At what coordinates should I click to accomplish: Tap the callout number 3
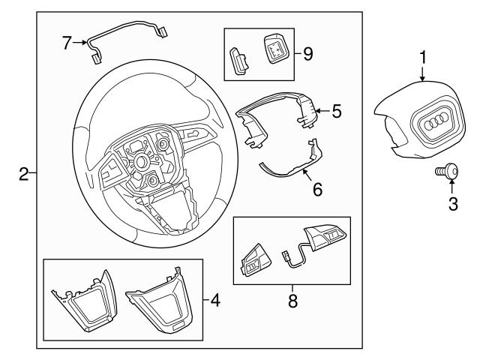coord(452,203)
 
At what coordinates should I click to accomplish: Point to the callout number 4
coord(215,301)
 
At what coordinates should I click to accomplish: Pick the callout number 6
coord(317,190)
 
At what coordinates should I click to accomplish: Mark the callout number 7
coord(67,43)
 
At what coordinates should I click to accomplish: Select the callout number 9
coord(308,54)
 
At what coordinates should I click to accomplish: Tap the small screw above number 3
coord(448,172)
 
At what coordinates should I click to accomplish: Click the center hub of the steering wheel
coord(141,162)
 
